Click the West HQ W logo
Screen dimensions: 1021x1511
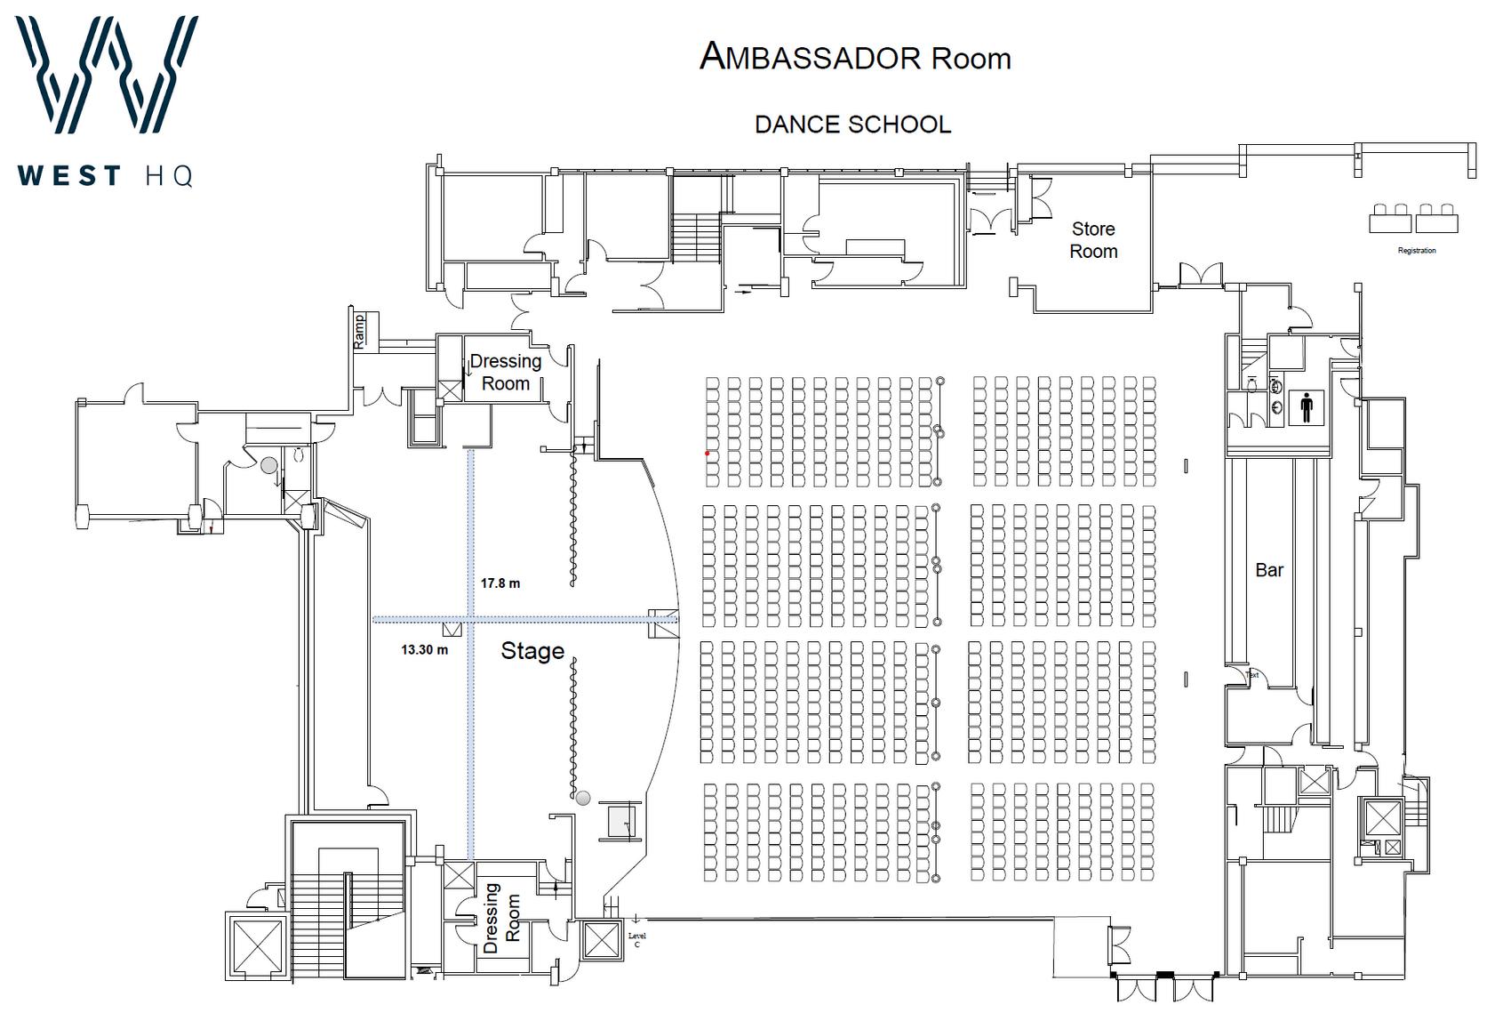107,76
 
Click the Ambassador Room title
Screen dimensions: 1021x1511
855,58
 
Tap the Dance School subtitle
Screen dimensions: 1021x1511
852,125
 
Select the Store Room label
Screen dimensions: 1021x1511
1093,240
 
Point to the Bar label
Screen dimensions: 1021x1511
1269,570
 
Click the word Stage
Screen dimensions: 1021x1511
532,651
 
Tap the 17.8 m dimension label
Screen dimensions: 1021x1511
500,583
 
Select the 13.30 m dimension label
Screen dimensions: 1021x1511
424,650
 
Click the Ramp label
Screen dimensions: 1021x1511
359,330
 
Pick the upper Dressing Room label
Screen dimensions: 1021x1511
506,373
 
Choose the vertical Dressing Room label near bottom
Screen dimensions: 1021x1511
502,918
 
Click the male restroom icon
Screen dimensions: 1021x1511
1306,408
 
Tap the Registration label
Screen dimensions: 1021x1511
1417,251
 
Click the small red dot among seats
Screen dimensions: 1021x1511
708,454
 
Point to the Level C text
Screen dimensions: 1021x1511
636,940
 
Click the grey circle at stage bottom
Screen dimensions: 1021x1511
583,799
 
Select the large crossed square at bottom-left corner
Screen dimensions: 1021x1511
256,945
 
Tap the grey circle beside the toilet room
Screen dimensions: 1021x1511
268,465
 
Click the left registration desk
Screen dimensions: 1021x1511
1390,219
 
